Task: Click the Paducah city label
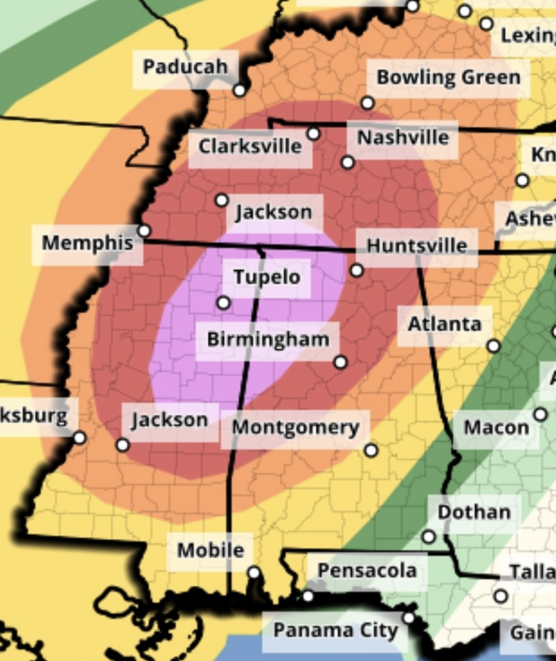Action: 185,67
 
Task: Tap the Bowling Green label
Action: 448,77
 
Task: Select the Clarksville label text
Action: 250,146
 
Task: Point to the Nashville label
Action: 403,138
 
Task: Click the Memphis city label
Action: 88,243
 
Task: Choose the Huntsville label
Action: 417,246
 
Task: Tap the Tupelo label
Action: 267,277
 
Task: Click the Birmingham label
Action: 268,340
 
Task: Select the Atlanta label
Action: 444,325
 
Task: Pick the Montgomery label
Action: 295,428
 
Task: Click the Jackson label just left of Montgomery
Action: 170,420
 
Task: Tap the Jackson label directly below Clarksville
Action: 274,212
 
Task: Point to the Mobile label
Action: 210,550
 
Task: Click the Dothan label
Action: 474,512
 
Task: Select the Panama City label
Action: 336,630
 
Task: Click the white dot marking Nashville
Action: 348,162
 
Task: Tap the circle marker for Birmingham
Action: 340,363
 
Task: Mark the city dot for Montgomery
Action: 371,450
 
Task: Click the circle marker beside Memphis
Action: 144,231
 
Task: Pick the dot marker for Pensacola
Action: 308,596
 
